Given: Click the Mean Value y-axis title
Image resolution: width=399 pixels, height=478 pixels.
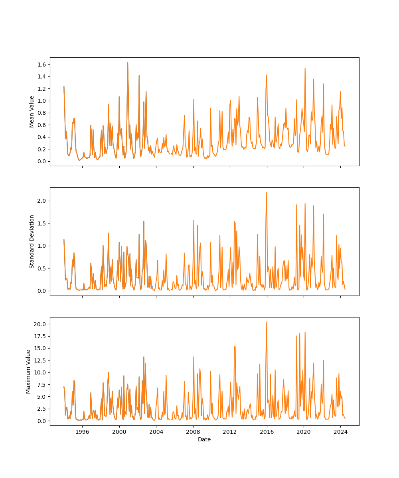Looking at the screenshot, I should tap(32, 112).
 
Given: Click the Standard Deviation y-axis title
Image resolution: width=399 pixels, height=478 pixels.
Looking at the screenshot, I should tap(32, 241).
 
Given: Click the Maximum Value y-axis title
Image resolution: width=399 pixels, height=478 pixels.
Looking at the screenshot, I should tap(28, 371).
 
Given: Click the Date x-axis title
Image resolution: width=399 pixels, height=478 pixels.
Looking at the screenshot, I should tap(204, 439).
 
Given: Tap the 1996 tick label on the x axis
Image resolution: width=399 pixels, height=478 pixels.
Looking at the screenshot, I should tap(82, 432).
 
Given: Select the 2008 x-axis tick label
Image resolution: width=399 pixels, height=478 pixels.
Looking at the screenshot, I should tap(193, 432).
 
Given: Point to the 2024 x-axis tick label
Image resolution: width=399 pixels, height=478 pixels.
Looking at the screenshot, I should tap(340, 432).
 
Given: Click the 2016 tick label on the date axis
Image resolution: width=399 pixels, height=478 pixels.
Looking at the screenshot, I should tap(267, 432).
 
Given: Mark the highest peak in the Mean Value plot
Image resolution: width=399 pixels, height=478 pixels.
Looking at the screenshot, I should tap(128, 62).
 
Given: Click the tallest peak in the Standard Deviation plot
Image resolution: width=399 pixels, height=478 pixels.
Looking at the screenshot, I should tap(267, 192).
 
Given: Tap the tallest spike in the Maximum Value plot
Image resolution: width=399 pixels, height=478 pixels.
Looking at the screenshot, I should tap(267, 322).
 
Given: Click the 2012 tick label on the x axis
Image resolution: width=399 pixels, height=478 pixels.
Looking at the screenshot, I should tap(230, 432).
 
